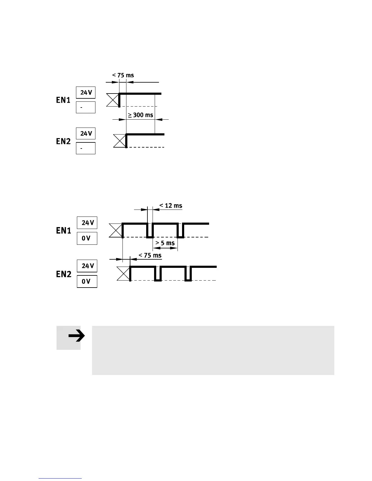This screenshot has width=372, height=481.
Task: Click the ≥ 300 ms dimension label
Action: pos(140,115)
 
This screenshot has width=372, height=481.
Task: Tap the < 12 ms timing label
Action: pos(171,206)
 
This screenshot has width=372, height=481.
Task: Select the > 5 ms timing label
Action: pos(165,243)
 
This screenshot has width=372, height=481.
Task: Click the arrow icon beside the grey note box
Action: pos(76,336)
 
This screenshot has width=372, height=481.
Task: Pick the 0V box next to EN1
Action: pos(87,238)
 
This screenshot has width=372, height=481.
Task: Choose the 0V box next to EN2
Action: pos(87,281)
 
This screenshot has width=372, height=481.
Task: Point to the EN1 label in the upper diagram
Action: pos(63,100)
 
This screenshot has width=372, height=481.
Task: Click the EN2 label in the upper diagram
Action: pos(63,141)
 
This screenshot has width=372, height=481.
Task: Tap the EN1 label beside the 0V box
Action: pos(64,231)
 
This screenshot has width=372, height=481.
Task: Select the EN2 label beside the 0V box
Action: pos(64,274)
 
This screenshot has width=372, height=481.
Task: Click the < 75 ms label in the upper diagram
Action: pos(123,75)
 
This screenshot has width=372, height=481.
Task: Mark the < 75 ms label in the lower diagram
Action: pos(150,255)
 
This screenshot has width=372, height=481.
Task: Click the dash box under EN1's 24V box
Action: pos(86,107)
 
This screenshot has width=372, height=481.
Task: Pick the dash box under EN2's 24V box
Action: pos(86,148)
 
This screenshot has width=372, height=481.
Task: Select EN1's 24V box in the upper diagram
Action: pos(86,93)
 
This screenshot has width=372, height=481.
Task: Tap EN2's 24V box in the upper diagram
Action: pos(86,134)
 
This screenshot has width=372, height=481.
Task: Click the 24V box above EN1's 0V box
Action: pos(87,223)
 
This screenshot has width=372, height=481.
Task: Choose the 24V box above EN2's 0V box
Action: pos(87,266)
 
